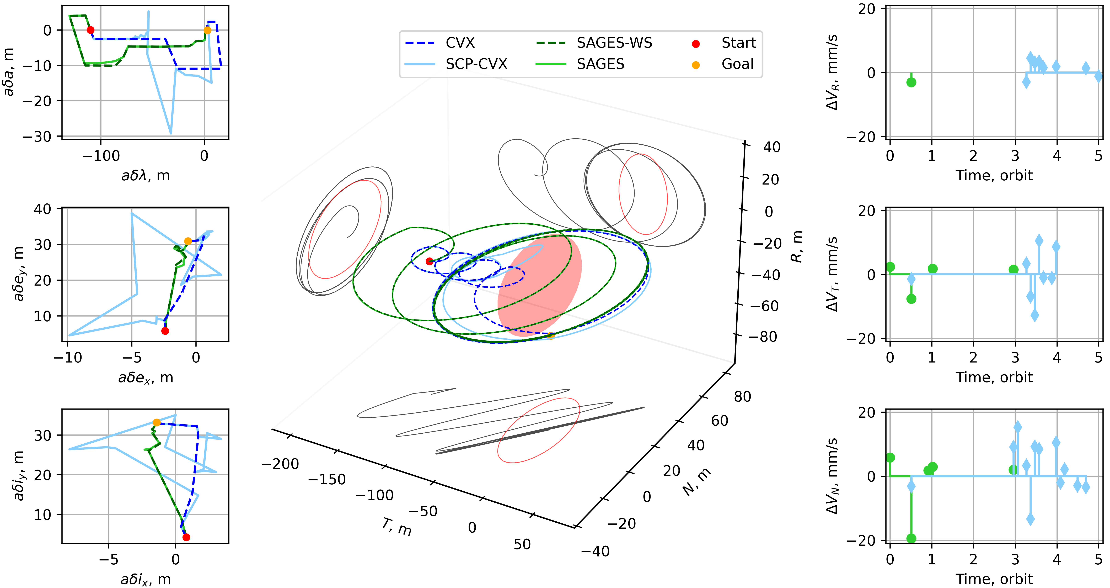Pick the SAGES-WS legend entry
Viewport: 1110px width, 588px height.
point(614,43)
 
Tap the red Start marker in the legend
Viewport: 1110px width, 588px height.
point(695,44)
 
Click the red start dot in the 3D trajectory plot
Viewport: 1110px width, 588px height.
point(429,261)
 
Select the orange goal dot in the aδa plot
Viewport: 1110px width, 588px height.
point(207,30)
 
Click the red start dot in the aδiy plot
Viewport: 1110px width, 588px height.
point(186,537)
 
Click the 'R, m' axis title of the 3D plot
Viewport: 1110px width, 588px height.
point(796,247)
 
